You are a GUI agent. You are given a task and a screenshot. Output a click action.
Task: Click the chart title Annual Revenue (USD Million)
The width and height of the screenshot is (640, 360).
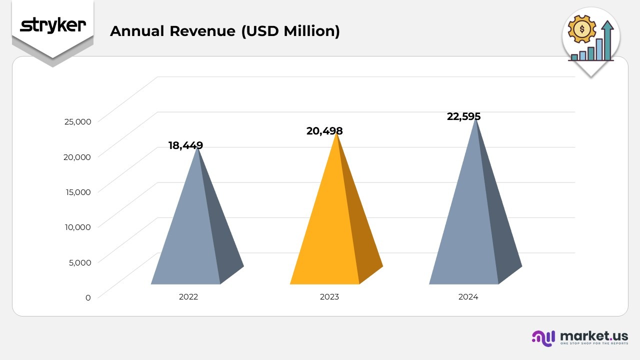point(224,31)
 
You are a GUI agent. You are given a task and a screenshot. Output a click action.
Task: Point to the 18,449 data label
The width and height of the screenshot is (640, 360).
point(185,145)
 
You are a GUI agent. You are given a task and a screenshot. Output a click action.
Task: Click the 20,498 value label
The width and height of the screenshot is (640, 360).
point(324,131)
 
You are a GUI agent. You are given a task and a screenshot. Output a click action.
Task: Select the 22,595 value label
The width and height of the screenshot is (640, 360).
point(463,116)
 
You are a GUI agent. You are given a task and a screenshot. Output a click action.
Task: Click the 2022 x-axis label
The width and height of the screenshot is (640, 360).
point(188,296)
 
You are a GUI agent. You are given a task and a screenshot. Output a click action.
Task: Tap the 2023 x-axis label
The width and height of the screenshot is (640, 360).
point(329,296)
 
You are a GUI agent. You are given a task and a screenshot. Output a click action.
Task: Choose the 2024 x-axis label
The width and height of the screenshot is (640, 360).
point(468,296)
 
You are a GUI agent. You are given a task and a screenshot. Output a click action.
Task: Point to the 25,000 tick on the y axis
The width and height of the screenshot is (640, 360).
point(77,121)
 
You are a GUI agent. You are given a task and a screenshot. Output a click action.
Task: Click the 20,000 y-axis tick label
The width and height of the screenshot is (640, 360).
point(77,156)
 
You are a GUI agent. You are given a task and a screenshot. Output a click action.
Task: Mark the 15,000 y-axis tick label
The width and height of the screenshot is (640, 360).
point(77,191)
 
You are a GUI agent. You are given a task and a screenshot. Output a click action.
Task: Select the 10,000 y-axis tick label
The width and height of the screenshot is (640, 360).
point(77,226)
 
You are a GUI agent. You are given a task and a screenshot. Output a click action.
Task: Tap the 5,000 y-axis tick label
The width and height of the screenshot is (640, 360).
point(79,262)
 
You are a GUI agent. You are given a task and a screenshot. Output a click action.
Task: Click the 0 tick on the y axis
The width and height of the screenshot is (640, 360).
point(88,297)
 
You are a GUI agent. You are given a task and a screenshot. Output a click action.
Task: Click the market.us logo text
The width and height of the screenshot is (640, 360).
point(594,335)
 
